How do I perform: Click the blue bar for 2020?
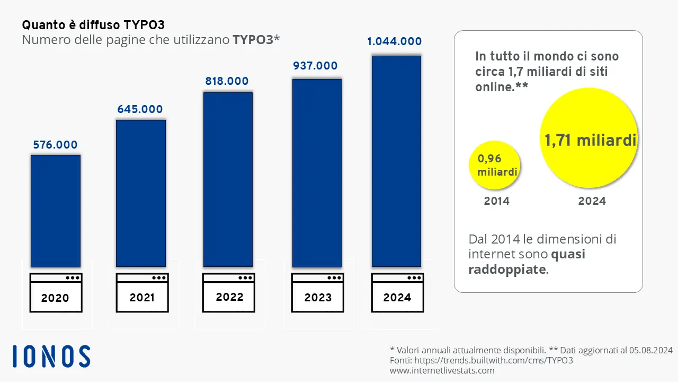pyautogui.click(x=56, y=211)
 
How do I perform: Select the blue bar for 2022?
pyautogui.click(x=228, y=179)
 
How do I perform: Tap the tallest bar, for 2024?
pyautogui.click(x=396, y=161)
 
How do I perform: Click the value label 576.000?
pyautogui.click(x=55, y=145)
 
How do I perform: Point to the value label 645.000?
pyautogui.click(x=140, y=109)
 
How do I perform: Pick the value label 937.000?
pyautogui.click(x=315, y=66)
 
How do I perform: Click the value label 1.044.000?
pyautogui.click(x=395, y=41)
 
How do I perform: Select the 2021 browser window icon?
pyautogui.click(x=142, y=292)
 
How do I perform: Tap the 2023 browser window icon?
pyautogui.click(x=318, y=292)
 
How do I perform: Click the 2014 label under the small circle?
pyautogui.click(x=496, y=201)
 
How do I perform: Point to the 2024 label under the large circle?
pyautogui.click(x=592, y=201)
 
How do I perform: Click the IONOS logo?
pyautogui.click(x=51, y=356)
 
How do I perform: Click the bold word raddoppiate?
pyautogui.click(x=506, y=269)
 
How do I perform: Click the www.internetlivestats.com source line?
pyautogui.click(x=442, y=370)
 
